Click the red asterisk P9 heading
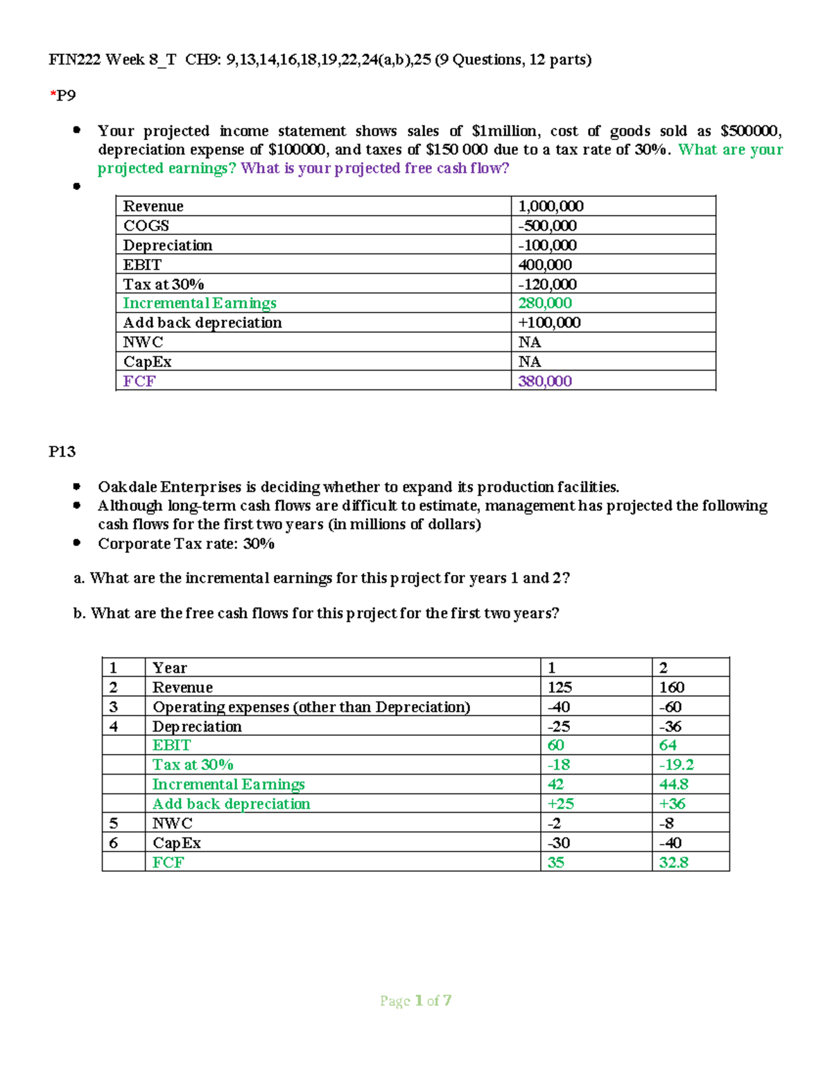point(62,96)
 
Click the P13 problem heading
point(62,452)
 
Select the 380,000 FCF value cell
point(545,381)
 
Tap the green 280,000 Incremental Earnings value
point(545,303)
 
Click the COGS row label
point(146,225)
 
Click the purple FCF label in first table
point(139,381)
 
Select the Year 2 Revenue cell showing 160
point(671,687)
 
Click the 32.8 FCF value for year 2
point(673,862)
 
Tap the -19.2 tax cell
point(676,764)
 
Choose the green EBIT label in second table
point(171,745)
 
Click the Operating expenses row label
point(311,707)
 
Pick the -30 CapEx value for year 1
point(558,843)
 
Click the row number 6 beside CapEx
point(114,843)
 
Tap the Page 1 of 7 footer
point(415,1000)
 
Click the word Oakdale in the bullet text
point(128,487)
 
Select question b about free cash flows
point(316,613)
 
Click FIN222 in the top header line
point(74,60)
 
